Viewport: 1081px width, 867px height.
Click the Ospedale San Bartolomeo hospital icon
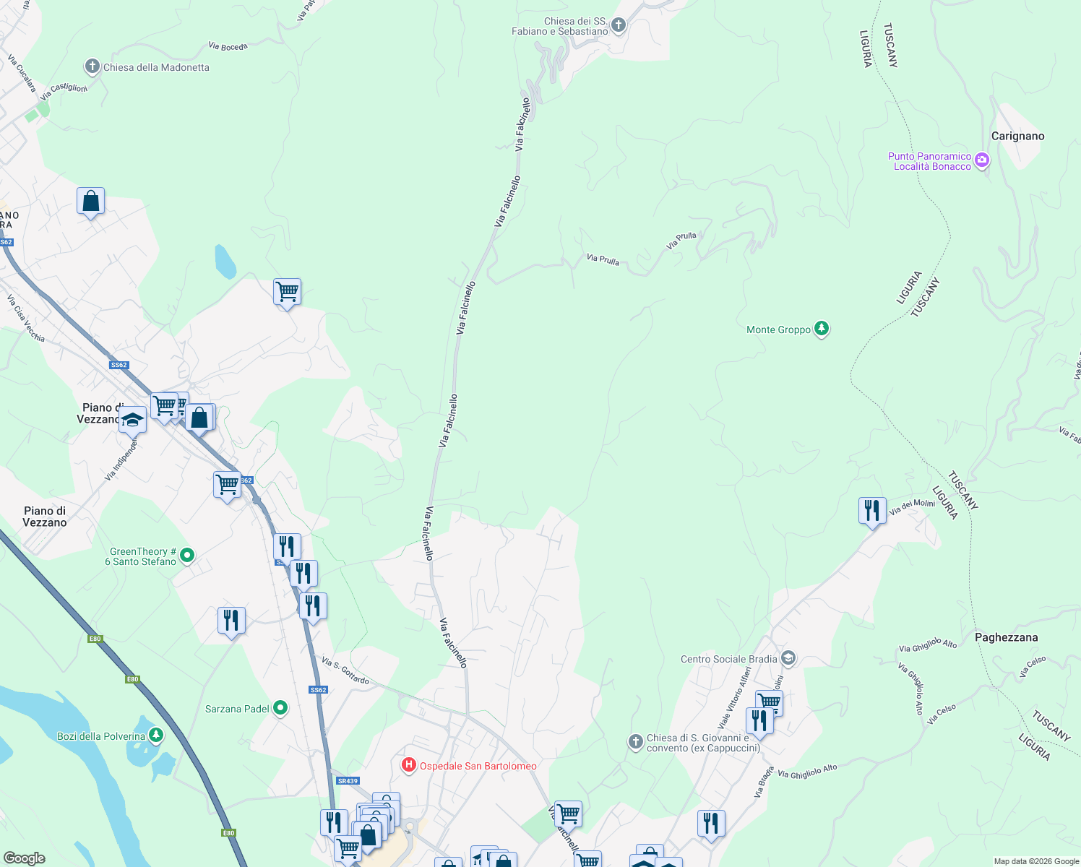[409, 764]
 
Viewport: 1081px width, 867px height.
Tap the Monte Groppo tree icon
[821, 329]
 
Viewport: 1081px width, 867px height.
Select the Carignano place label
[1017, 136]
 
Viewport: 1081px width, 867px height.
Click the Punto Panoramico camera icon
[981, 160]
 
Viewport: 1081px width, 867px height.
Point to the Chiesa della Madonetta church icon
[92, 66]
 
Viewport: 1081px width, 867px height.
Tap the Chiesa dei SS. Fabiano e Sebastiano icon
[618, 26]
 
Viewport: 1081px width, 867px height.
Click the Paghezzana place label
[1006, 637]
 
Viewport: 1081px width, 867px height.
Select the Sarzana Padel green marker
[280, 708]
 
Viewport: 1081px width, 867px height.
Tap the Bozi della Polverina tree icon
[156, 736]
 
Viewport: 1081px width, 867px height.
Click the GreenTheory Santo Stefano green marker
[187, 556]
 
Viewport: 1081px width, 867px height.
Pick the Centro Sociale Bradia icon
[788, 658]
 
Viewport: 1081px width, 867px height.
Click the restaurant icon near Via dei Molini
[872, 510]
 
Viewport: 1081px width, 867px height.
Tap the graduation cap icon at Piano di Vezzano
[133, 419]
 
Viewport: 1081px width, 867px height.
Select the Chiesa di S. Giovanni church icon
[635, 742]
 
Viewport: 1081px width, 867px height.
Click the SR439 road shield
[348, 780]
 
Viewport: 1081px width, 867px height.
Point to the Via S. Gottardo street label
[345, 671]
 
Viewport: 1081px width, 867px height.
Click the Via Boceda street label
[228, 46]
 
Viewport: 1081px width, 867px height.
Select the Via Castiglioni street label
[64, 92]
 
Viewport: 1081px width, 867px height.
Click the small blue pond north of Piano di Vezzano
[225, 262]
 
